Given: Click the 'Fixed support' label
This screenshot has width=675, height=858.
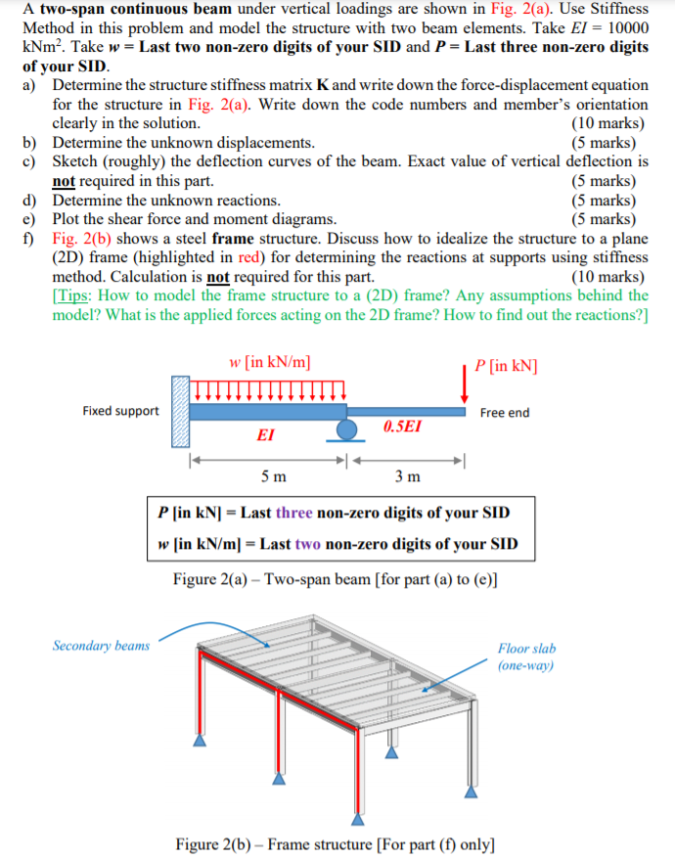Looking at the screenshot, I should (120, 411).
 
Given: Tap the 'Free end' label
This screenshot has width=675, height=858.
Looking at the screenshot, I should (505, 413).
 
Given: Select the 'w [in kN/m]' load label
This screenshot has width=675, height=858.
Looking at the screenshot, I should (271, 362).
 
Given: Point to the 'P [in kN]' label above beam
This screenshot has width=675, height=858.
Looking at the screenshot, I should (505, 366).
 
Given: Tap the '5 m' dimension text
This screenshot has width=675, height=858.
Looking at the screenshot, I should (274, 476).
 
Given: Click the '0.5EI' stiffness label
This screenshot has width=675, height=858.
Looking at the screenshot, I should (402, 428).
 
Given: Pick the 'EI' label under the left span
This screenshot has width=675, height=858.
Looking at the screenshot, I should (263, 436).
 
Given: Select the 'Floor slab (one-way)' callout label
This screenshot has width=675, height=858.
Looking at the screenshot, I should (526, 656).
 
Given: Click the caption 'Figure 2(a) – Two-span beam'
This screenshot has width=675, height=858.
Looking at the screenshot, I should (335, 579).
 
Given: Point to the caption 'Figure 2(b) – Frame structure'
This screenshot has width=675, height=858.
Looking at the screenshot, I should (335, 843).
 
